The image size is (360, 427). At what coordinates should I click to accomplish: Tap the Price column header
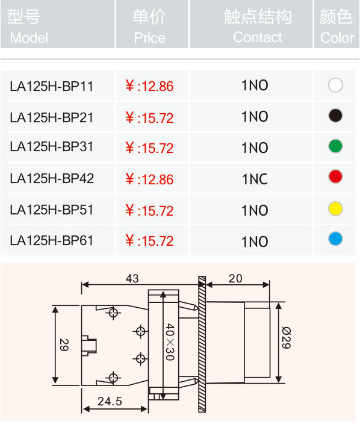click(150, 26)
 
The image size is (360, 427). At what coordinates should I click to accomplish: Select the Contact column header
click(258, 26)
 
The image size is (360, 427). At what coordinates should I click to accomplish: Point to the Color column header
click(337, 26)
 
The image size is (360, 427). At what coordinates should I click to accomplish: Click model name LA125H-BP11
click(51, 86)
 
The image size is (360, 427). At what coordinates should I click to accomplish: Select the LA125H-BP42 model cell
click(52, 179)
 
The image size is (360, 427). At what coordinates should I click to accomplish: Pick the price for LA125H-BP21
click(149, 118)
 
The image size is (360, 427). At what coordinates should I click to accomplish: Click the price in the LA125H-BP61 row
click(149, 241)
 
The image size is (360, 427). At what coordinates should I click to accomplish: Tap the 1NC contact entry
click(255, 179)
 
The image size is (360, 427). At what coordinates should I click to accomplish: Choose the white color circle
click(335, 85)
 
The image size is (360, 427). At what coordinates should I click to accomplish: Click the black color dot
click(335, 116)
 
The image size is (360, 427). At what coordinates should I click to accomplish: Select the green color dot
click(335, 146)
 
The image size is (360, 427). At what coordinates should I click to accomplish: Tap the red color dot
click(335, 176)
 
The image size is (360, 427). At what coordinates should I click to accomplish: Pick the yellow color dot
click(335, 209)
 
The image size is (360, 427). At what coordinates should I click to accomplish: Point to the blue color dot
click(335, 239)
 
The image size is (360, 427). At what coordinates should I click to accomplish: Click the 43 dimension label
click(132, 278)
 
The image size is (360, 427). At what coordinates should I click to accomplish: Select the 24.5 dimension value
click(110, 401)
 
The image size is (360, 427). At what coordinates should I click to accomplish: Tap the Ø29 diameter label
click(287, 338)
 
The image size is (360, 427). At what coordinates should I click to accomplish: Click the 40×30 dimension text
click(170, 342)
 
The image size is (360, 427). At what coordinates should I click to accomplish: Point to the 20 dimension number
click(235, 278)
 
